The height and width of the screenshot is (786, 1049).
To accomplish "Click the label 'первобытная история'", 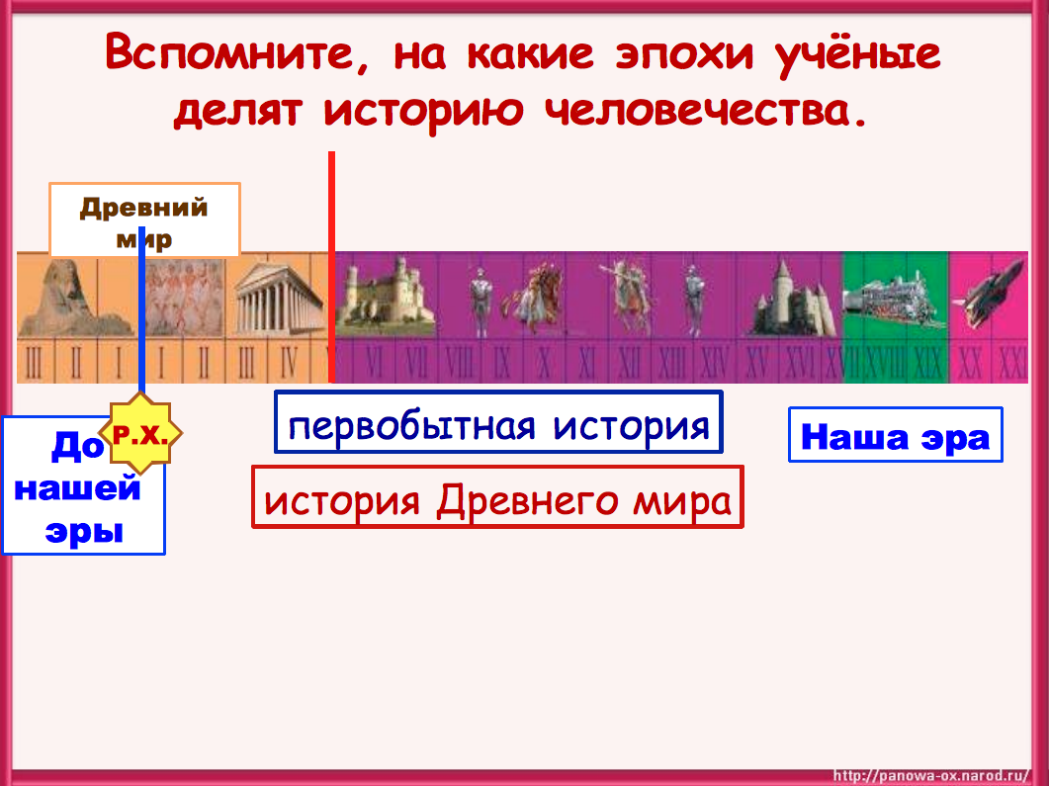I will tap(498, 425).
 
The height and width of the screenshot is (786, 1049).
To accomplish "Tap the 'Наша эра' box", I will tap(895, 436).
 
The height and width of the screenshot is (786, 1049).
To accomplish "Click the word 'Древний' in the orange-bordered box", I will tap(144, 208).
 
